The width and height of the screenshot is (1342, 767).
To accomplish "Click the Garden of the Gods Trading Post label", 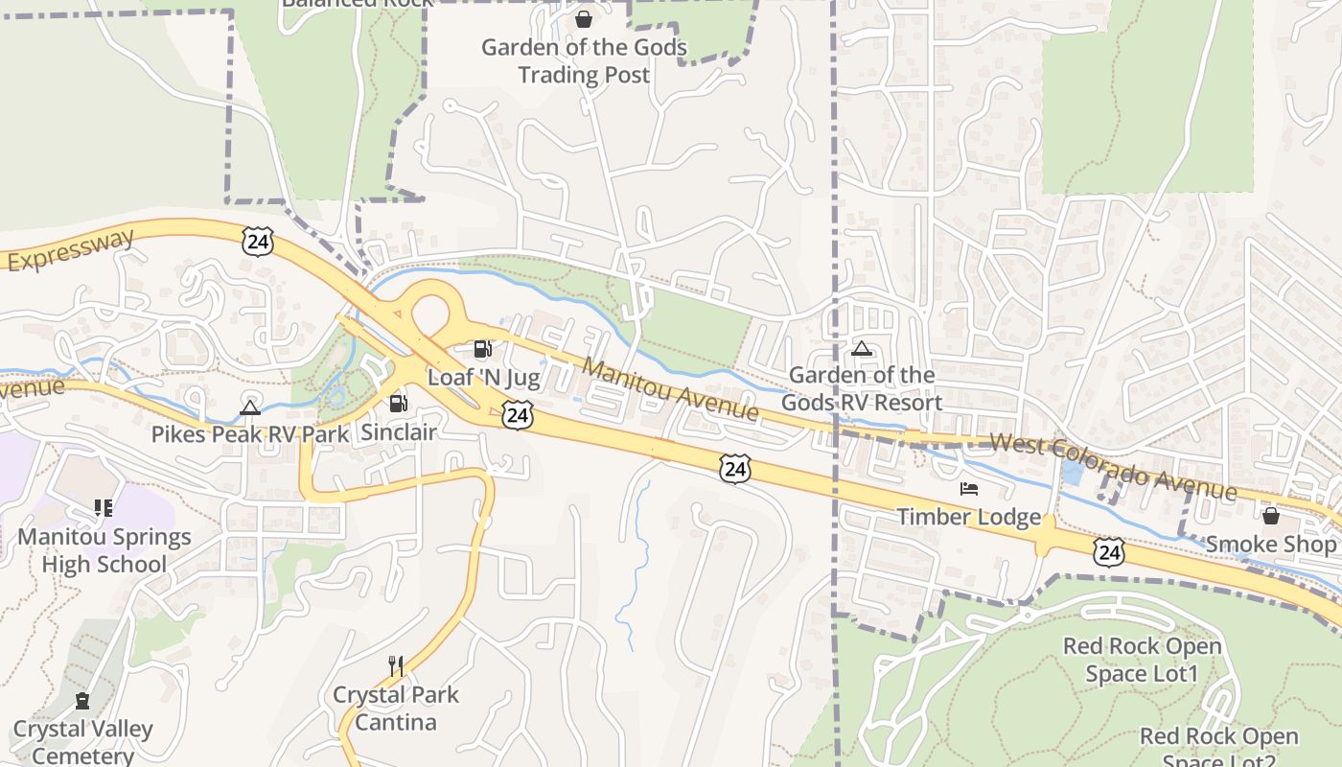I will coord(584,60).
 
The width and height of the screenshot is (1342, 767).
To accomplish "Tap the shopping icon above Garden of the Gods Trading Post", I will coord(583,18).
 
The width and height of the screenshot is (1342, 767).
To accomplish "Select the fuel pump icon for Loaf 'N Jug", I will coord(482,349).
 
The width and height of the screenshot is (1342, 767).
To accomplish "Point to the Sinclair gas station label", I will coord(399,432).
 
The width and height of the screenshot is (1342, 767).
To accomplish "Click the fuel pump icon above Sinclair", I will coord(398,404).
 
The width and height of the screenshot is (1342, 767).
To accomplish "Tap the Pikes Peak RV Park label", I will coord(250,434).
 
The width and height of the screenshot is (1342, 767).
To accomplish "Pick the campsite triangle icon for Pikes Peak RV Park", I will coord(250,407).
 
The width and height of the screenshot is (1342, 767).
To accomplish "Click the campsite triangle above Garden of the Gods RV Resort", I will coord(862,349).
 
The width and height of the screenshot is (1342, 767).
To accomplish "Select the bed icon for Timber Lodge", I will coord(969,489).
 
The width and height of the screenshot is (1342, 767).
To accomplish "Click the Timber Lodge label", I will coord(968,518).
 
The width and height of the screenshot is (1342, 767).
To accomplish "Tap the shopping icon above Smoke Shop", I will coord(1271,516).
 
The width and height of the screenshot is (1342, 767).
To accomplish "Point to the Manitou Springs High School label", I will coord(104,550).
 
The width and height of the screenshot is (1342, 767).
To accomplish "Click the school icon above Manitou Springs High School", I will coord(103,508).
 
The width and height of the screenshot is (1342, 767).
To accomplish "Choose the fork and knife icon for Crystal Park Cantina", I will coord(395,664).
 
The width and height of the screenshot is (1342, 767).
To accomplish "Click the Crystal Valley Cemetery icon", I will coord(82,701).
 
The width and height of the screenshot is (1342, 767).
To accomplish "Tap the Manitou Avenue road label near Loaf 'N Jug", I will coord(671,390).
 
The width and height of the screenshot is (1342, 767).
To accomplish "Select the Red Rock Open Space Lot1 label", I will coord(1142,660).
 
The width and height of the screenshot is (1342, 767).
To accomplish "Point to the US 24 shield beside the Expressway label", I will coord(257,242).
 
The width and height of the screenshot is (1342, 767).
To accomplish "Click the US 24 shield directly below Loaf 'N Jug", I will coord(518,415).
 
